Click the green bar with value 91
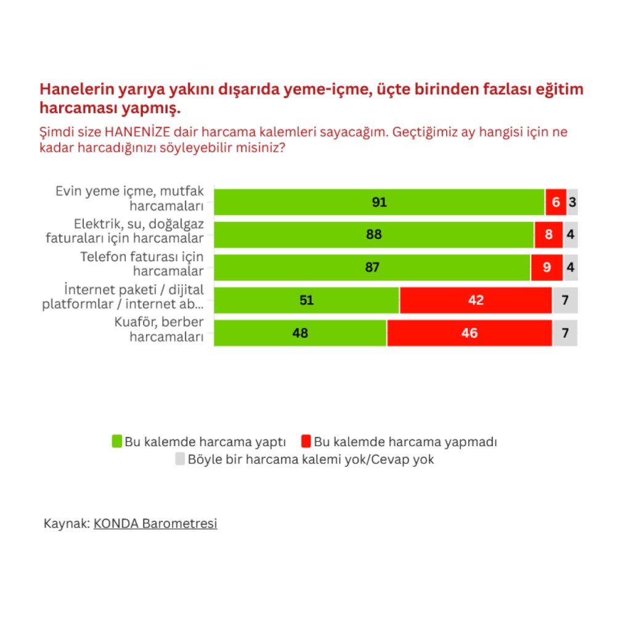point(379,202)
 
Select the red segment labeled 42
point(476,300)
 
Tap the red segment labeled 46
point(470,333)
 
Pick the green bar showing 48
point(301,333)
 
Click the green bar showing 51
point(307,300)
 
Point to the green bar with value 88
point(374,234)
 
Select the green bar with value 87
point(372,267)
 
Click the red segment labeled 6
point(556,202)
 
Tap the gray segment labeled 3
point(572,202)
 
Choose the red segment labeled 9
point(547,267)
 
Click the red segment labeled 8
point(548,234)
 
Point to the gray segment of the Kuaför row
point(565,333)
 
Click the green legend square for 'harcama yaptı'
point(116,441)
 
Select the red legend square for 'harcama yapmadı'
point(306,441)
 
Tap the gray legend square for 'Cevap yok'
point(180,459)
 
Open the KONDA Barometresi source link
point(155,524)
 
